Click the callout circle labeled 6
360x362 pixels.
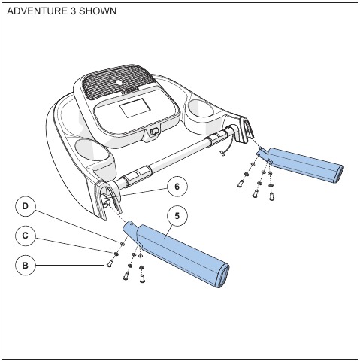click(177, 187)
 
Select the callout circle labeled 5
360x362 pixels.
click(177, 216)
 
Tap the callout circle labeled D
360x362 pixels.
click(26, 206)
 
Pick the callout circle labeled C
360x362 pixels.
click(26, 236)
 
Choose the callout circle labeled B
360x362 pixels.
click(26, 265)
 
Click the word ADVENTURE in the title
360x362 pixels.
click(37, 11)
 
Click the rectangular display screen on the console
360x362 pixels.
click(135, 108)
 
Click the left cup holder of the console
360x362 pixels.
click(92, 150)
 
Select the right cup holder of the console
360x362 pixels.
click(201, 108)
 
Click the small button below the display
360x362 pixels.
click(155, 131)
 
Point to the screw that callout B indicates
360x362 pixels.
click(110, 263)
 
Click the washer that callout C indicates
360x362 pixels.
click(116, 254)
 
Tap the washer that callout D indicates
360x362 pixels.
click(123, 244)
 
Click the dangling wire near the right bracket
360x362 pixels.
click(228, 147)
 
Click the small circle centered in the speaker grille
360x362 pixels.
click(119, 82)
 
